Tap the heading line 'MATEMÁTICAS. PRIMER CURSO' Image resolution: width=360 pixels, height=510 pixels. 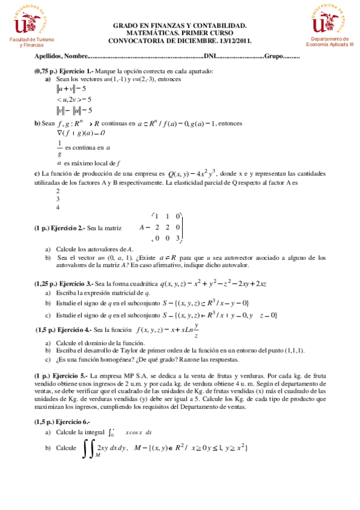pyautogui.click(x=180, y=33)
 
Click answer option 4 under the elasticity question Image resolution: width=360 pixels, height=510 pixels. pyautogui.click(x=58, y=207)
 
